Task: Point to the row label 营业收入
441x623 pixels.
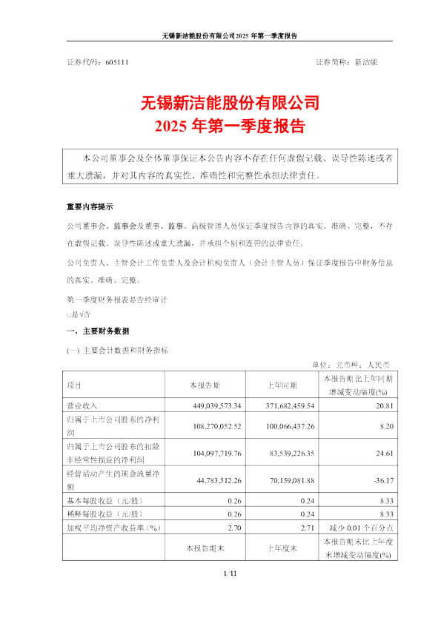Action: click(x=82, y=405)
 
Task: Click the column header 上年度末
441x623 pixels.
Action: click(x=282, y=548)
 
